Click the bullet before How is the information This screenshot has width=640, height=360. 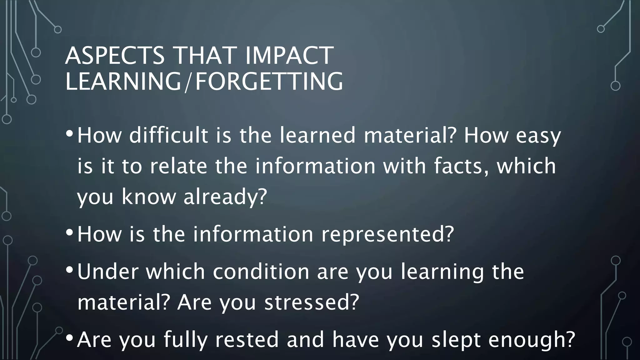70,232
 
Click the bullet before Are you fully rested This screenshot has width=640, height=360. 70,338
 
